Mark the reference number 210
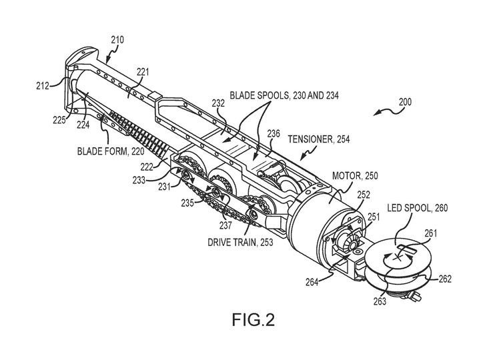click(x=117, y=39)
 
